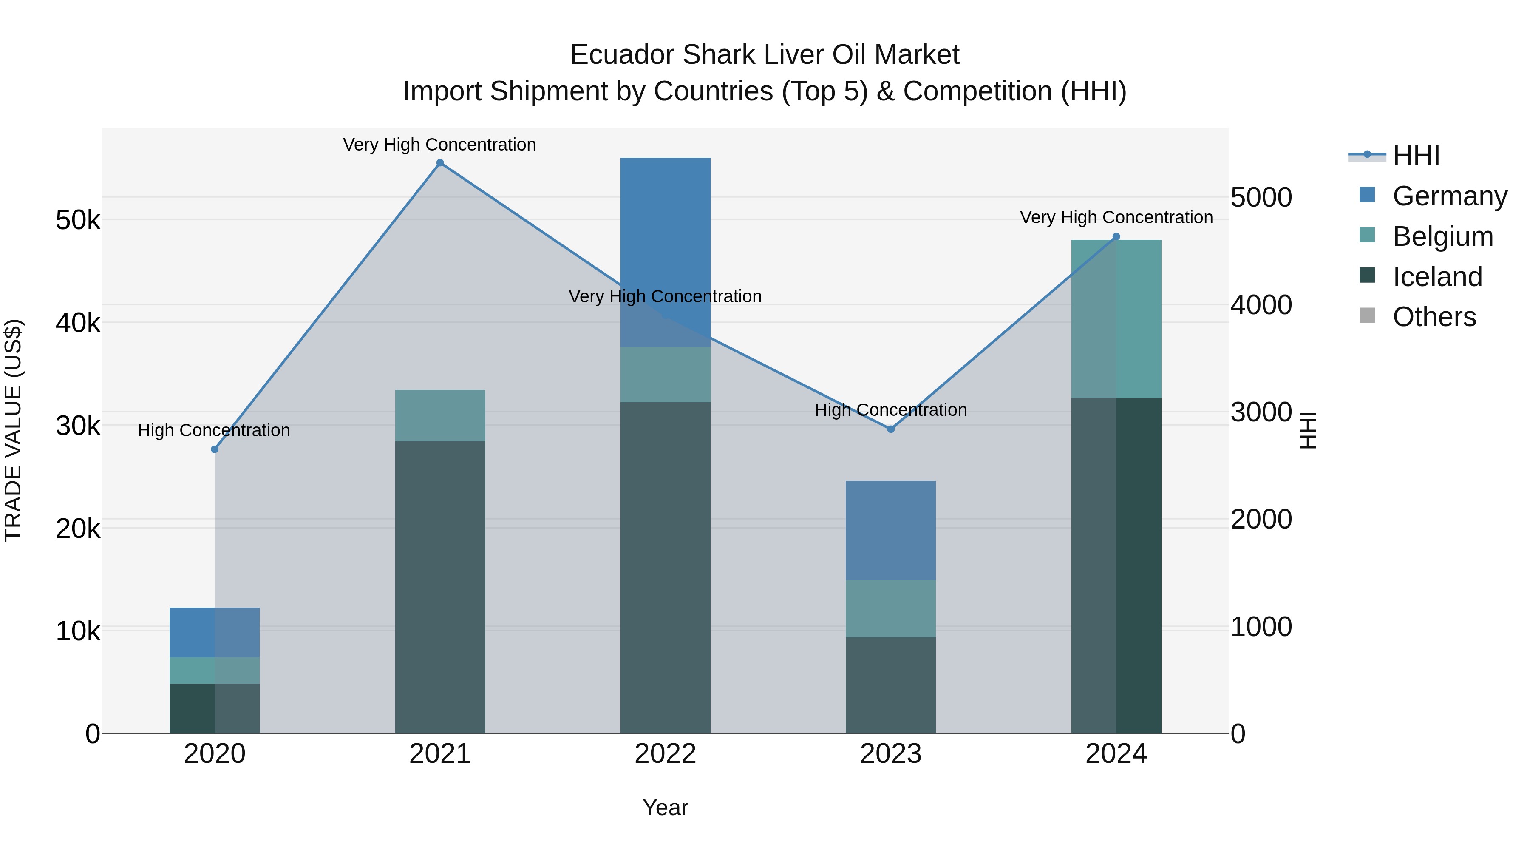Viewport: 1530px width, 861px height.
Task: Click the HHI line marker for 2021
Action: point(440,163)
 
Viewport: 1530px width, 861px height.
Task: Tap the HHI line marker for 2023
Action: point(890,429)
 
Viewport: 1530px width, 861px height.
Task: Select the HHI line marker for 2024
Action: point(1116,236)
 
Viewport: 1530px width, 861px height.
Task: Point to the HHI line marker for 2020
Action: point(215,449)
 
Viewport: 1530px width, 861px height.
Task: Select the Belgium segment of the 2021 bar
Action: point(440,415)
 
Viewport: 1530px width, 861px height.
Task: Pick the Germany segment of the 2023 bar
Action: point(890,530)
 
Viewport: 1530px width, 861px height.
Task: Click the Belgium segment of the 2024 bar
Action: point(1116,319)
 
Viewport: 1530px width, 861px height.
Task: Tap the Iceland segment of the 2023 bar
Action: point(890,685)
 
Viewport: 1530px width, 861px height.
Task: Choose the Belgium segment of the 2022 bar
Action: point(665,374)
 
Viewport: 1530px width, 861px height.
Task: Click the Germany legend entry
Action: point(1449,196)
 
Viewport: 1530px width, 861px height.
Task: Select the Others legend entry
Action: point(1434,317)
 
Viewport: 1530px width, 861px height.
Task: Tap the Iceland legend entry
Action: point(1437,277)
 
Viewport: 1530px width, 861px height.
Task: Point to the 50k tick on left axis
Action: point(78,220)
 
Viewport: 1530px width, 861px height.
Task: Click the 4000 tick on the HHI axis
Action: point(1261,305)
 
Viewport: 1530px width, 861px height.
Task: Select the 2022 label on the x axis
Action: point(665,754)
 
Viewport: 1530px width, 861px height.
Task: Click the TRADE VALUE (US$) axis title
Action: point(13,430)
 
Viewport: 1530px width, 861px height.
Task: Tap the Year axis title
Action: point(665,807)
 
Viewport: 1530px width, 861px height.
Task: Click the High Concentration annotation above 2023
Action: point(890,410)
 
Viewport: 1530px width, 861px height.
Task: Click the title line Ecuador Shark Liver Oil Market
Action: point(765,55)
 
